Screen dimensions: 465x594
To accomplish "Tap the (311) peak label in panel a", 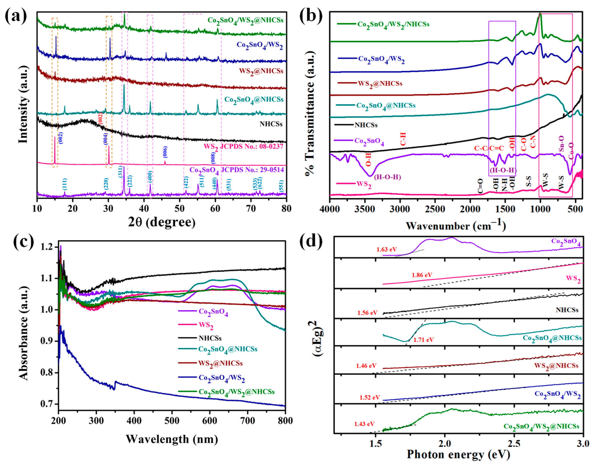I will point(120,172).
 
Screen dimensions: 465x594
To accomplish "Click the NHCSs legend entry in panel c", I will point(210,338).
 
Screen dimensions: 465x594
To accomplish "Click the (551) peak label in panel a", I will point(282,186).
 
